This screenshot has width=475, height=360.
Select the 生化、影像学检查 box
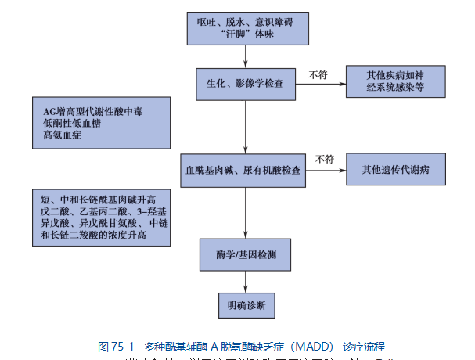coord(245,81)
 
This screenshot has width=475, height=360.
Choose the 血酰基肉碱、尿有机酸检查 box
coord(244,169)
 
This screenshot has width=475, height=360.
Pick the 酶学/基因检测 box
coord(244,255)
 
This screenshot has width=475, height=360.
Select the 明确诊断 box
coord(244,303)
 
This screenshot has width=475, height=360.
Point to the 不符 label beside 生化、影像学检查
coord(318,74)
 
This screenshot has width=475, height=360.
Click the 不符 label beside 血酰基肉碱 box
coord(325,160)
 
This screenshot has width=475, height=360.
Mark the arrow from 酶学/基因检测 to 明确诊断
coord(245,280)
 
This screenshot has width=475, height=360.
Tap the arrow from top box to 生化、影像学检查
coord(245,56)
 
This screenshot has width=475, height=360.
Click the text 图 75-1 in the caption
coord(117,346)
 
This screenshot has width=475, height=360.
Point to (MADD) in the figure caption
coord(313,346)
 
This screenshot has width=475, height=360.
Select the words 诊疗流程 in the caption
coord(365,346)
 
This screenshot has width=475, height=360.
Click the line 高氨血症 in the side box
coord(63,135)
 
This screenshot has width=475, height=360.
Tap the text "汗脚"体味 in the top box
coord(244,35)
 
